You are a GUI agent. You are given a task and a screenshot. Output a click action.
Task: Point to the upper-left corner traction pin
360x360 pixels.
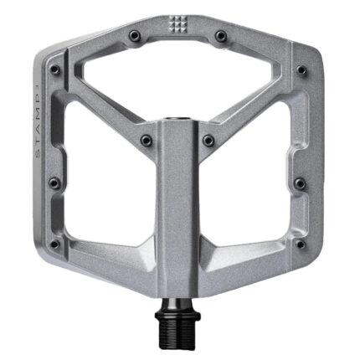pyautogui.click(x=55, y=69)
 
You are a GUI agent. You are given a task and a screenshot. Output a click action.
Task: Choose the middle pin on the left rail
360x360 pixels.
pyautogui.click(x=54, y=183)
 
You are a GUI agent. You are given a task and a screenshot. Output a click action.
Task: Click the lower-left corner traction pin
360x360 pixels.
pyautogui.click(x=55, y=244)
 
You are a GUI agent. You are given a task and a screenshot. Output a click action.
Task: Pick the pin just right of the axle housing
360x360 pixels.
pyautogui.click(x=208, y=139)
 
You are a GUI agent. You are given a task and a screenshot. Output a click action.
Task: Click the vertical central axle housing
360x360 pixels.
pyautogui.click(x=179, y=218)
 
